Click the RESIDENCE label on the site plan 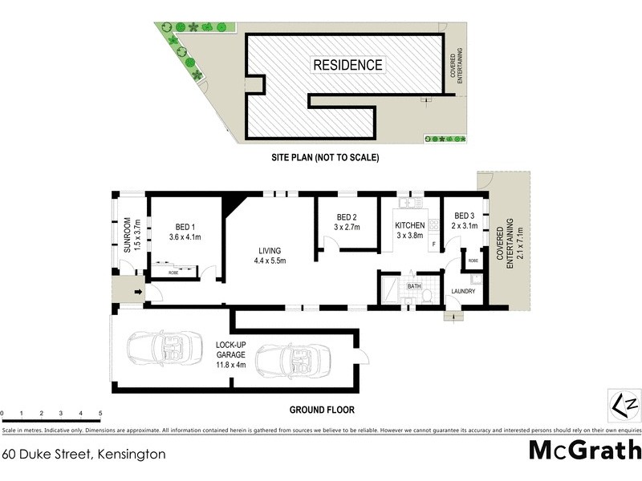347,65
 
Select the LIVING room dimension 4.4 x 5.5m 270,260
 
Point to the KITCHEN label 409,225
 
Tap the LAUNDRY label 463,291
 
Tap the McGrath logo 584,449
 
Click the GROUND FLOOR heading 321,409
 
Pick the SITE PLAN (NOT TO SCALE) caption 323,158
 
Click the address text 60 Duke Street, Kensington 83,454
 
